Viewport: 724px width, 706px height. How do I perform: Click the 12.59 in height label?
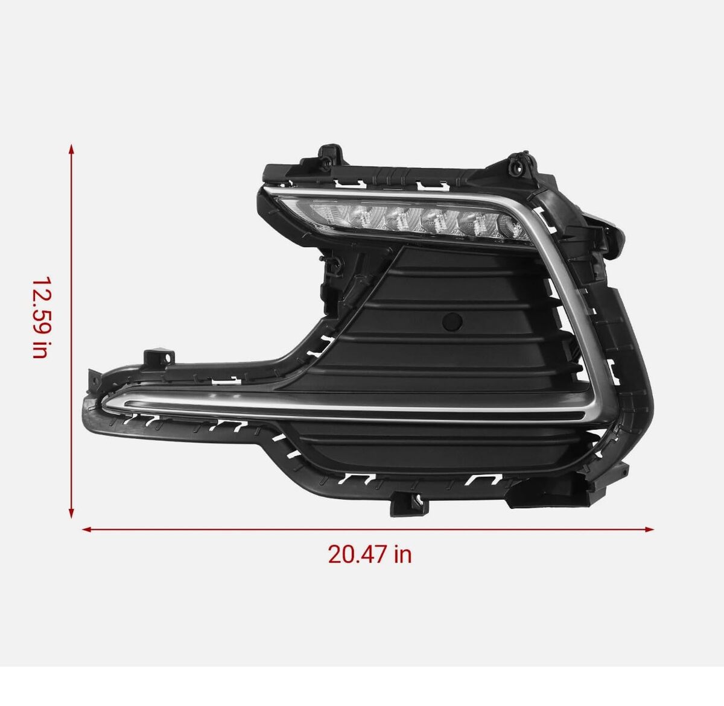(x=41, y=317)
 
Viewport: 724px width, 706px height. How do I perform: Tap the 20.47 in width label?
(x=370, y=554)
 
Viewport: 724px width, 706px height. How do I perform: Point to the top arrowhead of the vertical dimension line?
(x=71, y=149)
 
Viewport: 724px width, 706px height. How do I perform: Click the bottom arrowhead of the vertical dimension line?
(x=71, y=513)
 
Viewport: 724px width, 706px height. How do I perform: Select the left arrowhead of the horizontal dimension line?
(x=86, y=529)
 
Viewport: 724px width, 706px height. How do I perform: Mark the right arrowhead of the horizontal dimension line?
(x=649, y=529)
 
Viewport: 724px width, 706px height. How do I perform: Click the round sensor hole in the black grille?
(x=453, y=321)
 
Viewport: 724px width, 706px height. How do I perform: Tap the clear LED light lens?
(x=405, y=219)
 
